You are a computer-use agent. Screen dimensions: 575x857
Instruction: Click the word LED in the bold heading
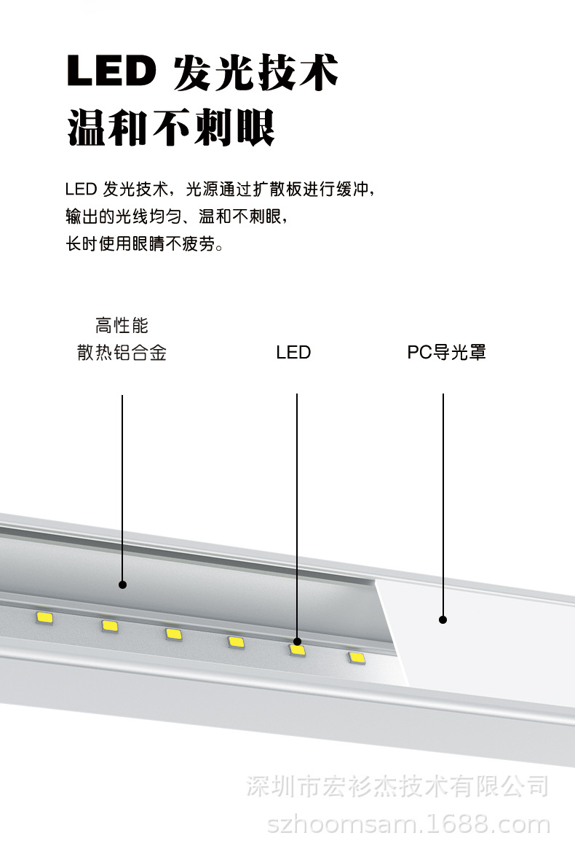click(x=111, y=72)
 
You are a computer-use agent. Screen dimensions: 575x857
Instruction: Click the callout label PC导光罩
click(x=446, y=353)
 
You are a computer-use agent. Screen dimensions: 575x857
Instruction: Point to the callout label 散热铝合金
click(x=122, y=353)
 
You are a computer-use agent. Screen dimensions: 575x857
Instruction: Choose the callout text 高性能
click(x=122, y=325)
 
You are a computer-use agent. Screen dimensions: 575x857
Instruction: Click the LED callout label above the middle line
click(x=293, y=353)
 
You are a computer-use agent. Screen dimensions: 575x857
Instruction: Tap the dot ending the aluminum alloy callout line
click(x=122, y=584)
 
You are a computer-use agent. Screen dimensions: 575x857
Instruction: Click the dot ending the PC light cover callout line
click(x=443, y=620)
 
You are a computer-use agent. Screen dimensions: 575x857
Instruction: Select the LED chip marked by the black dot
click(x=297, y=649)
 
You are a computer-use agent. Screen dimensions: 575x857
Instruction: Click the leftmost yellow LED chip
click(x=45, y=618)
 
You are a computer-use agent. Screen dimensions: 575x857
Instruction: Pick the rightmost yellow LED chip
click(x=357, y=658)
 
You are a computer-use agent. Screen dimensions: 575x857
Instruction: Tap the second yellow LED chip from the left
click(x=110, y=625)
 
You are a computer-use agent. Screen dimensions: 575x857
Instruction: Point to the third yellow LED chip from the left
click(x=172, y=633)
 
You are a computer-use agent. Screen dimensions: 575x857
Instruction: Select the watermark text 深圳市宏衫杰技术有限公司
click(x=397, y=786)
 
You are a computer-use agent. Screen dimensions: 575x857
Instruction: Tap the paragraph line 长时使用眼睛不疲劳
click(x=144, y=244)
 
